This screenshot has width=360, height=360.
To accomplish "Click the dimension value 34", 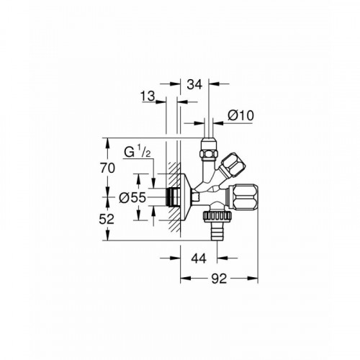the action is (194, 84).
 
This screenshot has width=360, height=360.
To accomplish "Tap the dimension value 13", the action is (148, 96).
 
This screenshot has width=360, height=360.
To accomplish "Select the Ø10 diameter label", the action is (240, 115).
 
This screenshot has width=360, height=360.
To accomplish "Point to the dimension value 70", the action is (107, 168).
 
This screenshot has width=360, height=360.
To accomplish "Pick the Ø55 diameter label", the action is (132, 198).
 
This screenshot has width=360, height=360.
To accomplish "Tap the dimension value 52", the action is (107, 219).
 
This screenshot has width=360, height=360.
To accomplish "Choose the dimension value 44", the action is (199, 258).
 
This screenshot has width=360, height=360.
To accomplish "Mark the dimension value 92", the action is (219, 279).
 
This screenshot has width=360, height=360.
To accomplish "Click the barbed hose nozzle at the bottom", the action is (217, 230).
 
